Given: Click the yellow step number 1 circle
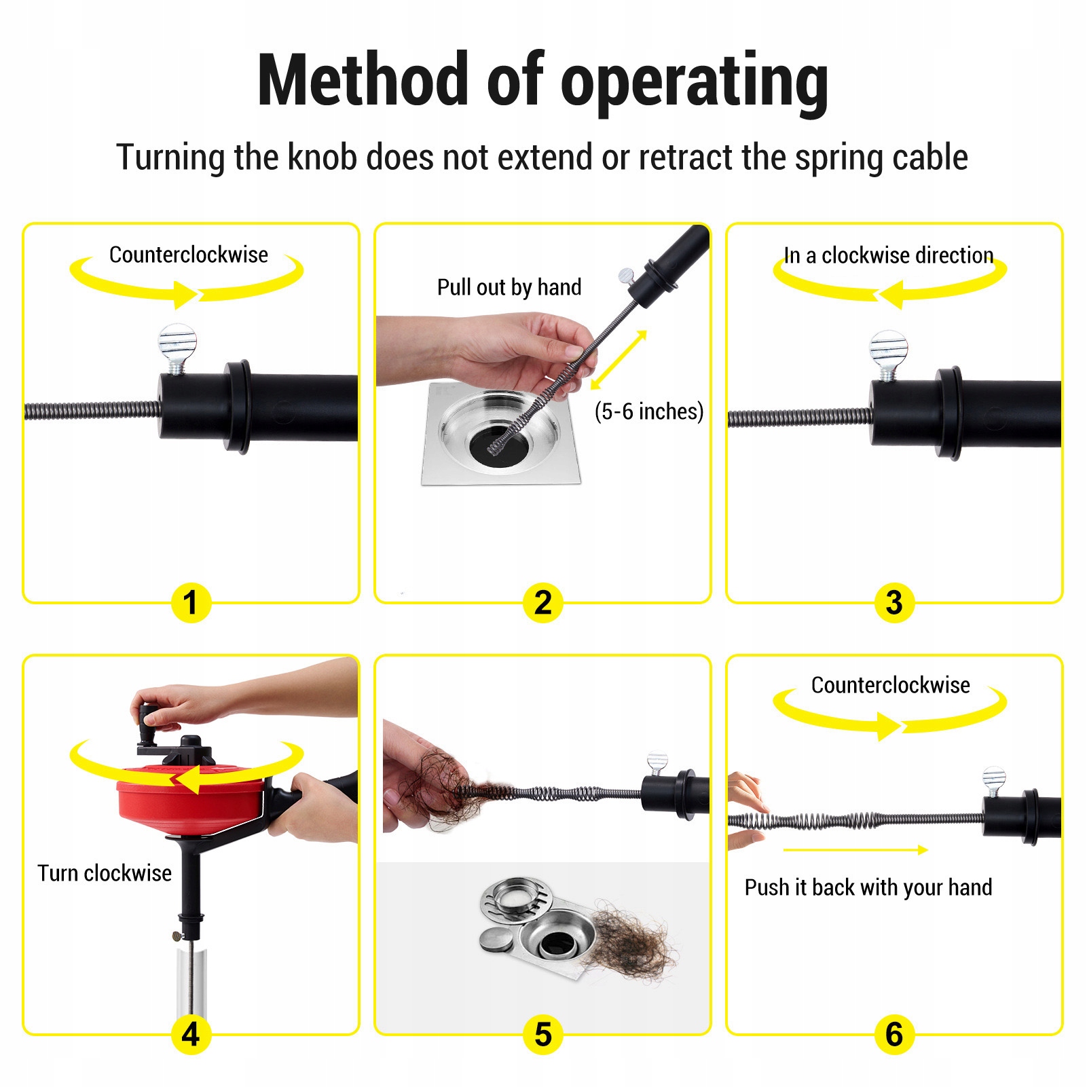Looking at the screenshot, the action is coord(191,602).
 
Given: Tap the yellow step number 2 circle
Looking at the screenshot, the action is coord(542,602).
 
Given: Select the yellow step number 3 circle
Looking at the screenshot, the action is coord(894,602).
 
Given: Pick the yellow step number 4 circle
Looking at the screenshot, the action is coord(191,1034).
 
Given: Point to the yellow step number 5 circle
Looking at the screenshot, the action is coord(542,1034).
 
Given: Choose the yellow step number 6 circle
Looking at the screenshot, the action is coord(894,1034).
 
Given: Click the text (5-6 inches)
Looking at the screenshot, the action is coord(648,411).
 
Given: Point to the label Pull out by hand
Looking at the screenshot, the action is coord(509,287).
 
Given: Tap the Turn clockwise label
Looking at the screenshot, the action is coord(105,873).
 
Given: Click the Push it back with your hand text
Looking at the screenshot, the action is coord(868,887).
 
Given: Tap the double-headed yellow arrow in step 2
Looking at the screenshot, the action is coord(619,360).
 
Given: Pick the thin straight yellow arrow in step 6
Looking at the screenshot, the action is coord(855,849).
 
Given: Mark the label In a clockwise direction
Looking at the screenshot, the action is coord(889,255).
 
